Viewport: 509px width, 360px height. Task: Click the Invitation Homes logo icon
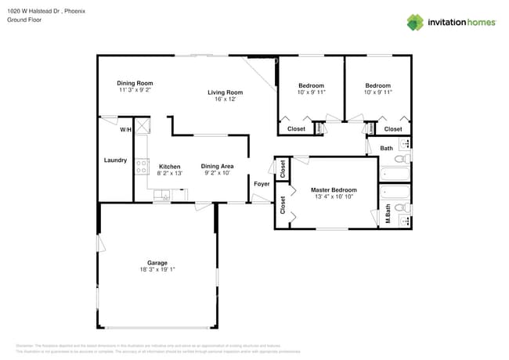[416, 22]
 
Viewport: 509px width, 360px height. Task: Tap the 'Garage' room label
[157, 263]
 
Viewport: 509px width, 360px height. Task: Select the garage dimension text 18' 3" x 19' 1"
[157, 270]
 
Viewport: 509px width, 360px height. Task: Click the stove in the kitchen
[143, 166]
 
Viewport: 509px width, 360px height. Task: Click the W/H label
[125, 130]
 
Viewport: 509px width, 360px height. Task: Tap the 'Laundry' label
[115, 160]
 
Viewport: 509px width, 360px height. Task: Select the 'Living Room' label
[225, 92]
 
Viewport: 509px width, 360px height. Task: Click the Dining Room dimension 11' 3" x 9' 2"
[135, 90]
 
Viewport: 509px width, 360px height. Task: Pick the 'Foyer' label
[262, 184]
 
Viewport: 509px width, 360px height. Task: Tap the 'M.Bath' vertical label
[388, 214]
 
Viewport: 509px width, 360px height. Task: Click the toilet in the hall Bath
[399, 160]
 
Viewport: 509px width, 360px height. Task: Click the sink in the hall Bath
[404, 144]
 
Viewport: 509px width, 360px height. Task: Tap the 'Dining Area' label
[217, 166]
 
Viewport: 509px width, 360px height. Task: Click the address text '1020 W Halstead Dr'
[34, 11]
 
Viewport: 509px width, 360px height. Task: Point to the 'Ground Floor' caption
[23, 20]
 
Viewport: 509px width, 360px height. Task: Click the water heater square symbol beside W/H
[143, 127]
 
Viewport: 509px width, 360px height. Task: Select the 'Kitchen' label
[170, 167]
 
